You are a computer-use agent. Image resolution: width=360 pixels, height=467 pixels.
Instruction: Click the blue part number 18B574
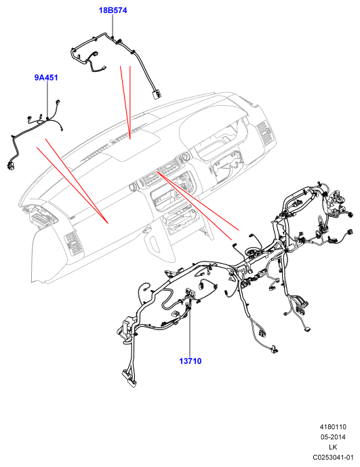pos(113,10)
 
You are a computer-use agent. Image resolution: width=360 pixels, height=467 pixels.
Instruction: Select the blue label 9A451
pos(46,78)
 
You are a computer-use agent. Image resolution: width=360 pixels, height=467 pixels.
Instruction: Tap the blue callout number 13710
pos(190,361)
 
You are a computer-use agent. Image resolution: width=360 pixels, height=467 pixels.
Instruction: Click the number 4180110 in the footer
pos(333,427)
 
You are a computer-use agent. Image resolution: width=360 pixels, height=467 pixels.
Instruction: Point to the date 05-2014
pos(333,437)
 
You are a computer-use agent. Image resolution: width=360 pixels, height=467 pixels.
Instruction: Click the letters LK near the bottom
pos(333,447)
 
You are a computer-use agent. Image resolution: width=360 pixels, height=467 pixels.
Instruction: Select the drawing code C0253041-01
pos(333,458)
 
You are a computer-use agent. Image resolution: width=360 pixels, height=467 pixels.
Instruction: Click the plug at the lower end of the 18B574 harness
pos(157,94)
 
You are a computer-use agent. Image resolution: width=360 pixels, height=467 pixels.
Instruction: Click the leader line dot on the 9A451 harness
pos(47,119)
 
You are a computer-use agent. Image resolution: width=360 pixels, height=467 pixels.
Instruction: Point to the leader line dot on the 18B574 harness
pos(113,37)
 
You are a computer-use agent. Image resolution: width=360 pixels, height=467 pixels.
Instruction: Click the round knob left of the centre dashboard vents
pos(133,187)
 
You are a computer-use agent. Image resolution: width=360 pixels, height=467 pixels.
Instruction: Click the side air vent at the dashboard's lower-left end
pos(73,242)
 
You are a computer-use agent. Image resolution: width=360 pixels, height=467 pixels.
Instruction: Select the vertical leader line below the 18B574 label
pos(113,25)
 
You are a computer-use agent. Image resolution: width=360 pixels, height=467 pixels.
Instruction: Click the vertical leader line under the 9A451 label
pos(47,100)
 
